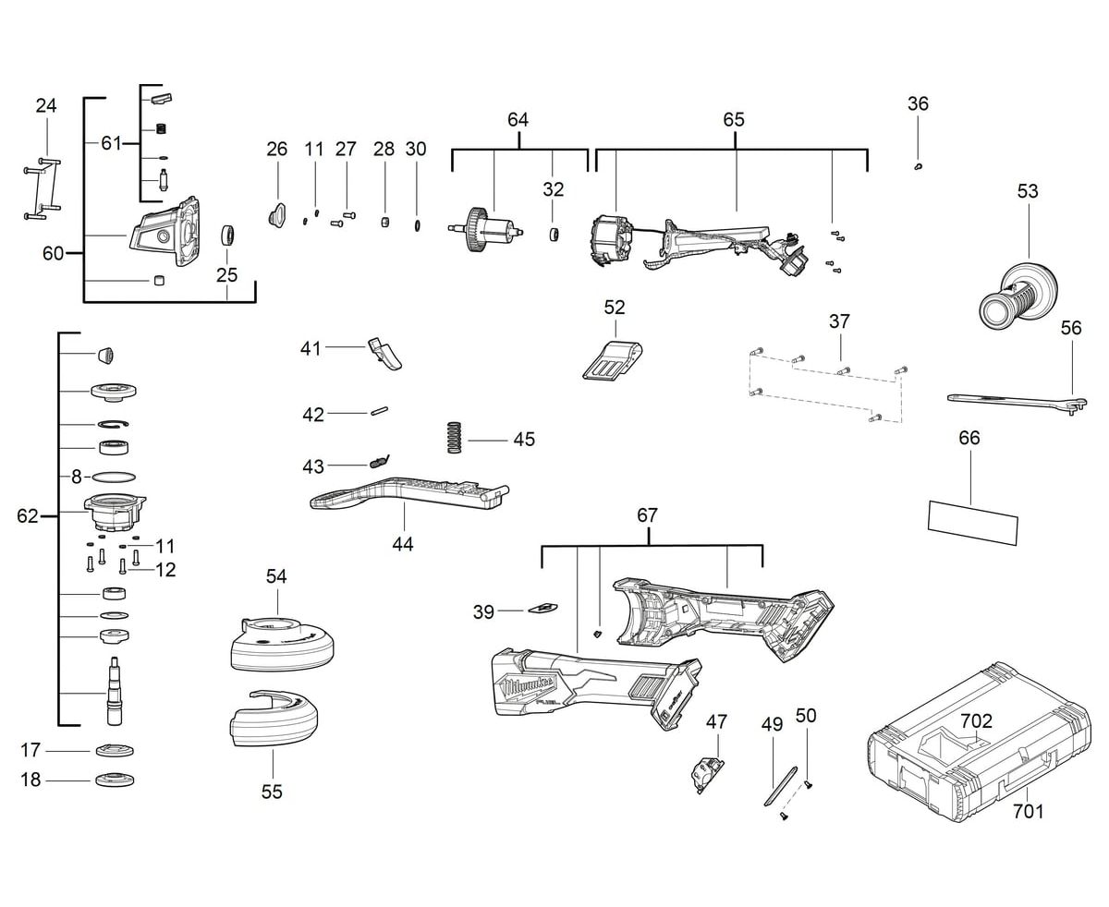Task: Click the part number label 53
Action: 1028,191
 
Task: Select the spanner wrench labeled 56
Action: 1017,399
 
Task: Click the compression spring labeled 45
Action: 454,437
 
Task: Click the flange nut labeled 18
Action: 118,780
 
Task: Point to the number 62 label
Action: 28,515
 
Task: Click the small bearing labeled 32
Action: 554,235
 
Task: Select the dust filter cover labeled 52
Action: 612,359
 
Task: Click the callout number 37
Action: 839,321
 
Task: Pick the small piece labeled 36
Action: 917,166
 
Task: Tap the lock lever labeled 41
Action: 386,353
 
